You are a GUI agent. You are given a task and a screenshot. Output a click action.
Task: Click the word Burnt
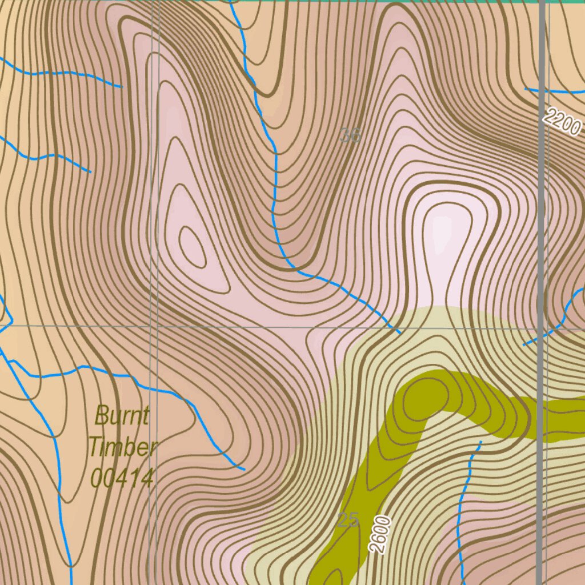pos(122,415)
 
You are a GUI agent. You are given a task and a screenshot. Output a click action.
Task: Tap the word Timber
pos(122,446)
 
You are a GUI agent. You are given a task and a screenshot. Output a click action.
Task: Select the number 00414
pos(122,478)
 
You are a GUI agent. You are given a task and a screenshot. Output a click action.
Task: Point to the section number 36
pos(350,135)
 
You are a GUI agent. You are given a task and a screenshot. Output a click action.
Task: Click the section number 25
pos(348,520)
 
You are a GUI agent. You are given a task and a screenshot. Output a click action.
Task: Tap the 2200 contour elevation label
pos(562,121)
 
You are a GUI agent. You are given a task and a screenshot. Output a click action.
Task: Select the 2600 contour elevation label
pos(380,534)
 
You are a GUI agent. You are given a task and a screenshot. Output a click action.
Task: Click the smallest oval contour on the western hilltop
pos(192,246)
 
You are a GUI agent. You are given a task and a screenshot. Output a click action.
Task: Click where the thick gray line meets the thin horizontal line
pos(540,328)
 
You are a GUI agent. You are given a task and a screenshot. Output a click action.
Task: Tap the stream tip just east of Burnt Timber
pos(244,470)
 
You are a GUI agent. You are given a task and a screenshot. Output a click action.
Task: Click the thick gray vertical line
pos(540,229)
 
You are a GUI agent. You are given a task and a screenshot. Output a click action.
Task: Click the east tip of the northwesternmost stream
pos(122,87)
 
